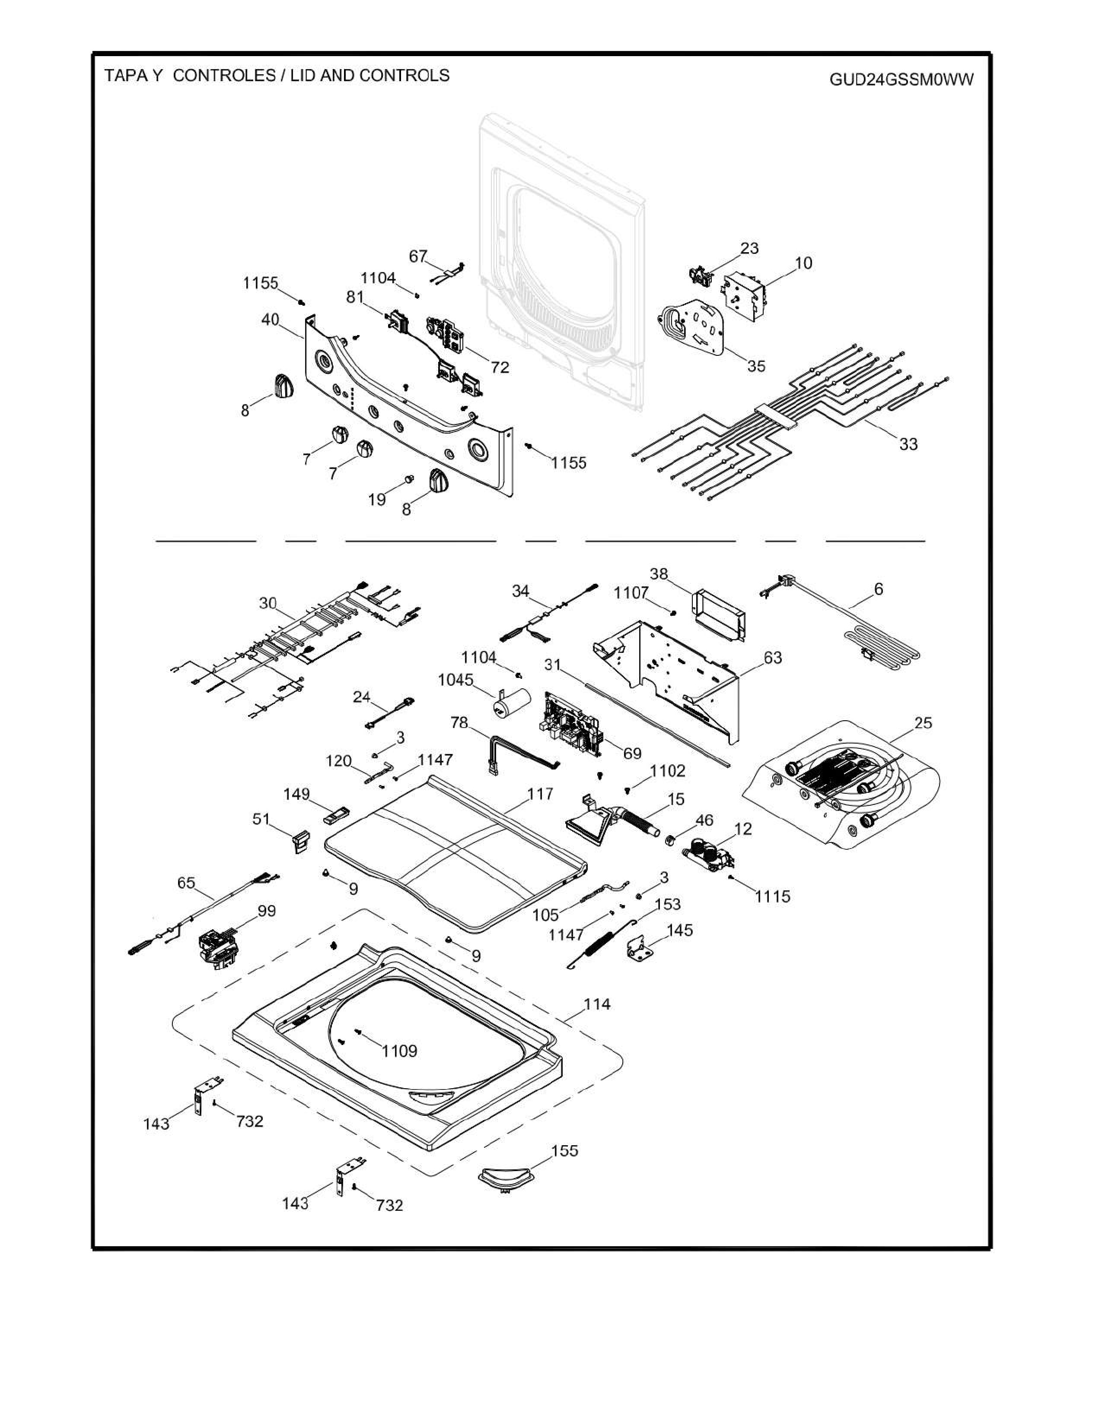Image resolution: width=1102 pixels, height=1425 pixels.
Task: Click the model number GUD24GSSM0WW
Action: [901, 79]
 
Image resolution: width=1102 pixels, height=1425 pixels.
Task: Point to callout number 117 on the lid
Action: [541, 794]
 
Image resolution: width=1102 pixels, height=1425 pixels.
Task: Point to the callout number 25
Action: [923, 723]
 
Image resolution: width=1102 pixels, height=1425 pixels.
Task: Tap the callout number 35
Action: [756, 366]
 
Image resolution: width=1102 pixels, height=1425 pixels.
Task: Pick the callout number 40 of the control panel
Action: [270, 320]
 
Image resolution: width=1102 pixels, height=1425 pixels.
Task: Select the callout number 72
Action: [500, 367]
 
